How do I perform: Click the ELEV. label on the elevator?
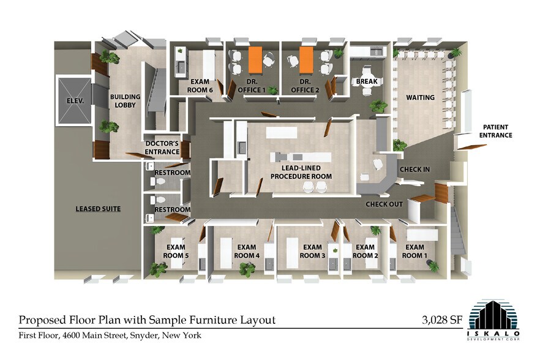tap(75, 101)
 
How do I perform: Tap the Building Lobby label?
tap(125, 101)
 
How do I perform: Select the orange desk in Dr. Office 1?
tap(255, 60)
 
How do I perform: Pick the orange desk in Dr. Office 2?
tap(306, 60)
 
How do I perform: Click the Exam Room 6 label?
tap(200, 86)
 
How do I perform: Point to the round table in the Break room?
tap(366, 81)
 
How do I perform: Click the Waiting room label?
tap(420, 97)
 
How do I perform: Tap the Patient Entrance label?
tap(495, 131)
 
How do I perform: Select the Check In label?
tap(414, 170)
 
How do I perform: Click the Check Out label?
tap(384, 204)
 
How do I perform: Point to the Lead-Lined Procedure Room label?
tap(301, 172)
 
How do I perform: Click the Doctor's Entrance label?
tap(162, 148)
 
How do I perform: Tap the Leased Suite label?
tap(98, 209)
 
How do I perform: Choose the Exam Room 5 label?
tap(176, 252)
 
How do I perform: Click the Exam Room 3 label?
tap(312, 252)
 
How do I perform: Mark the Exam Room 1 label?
tap(414, 252)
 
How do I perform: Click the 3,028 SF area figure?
tap(443, 320)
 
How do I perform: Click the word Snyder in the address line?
tap(144, 335)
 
